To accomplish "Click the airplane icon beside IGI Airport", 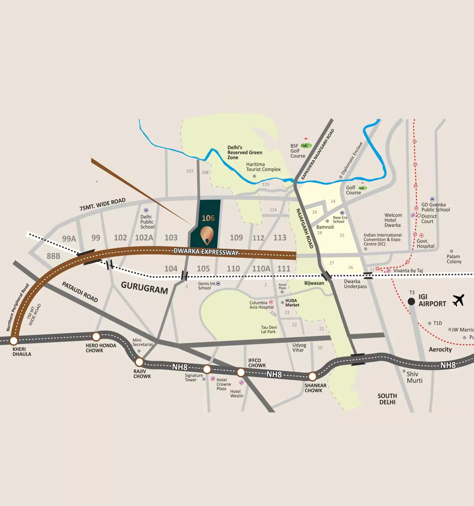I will click(458, 300).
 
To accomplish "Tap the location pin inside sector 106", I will click(207, 236).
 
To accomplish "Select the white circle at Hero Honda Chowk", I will click(96, 336).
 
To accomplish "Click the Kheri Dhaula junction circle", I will click(14, 340).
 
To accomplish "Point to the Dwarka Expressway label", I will click(206, 252).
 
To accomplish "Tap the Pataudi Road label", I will click(80, 292).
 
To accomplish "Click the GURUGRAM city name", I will click(144, 288).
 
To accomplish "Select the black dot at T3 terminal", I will click(411, 301).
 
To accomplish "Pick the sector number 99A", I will click(69, 239).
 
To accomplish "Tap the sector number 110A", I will click(261, 269).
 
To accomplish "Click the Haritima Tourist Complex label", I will click(263, 167).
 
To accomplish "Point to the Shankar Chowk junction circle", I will click(312, 376).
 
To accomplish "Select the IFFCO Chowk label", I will click(257, 363).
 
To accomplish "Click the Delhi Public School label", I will click(147, 222).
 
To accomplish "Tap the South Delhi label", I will click(387, 399).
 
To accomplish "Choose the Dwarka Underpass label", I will click(355, 284).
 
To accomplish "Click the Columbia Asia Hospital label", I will click(261, 305).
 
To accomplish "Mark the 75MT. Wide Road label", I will click(102, 204).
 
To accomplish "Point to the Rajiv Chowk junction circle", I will click(139, 362).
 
